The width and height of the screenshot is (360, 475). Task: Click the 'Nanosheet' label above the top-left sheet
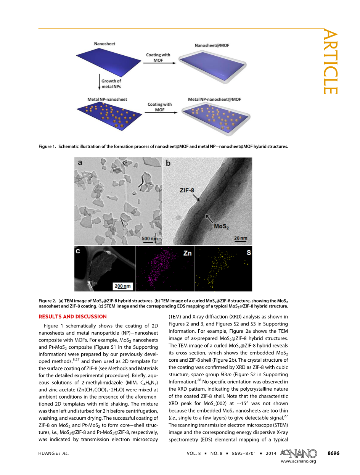(x=104, y=44)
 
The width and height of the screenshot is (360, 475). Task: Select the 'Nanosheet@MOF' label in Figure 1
(x=212, y=45)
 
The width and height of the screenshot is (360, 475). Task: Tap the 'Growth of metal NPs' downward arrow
(x=99, y=83)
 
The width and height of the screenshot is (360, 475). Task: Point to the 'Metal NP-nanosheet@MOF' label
(x=214, y=99)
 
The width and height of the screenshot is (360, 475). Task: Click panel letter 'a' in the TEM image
(x=80, y=163)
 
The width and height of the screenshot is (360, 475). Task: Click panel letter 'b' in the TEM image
(x=168, y=163)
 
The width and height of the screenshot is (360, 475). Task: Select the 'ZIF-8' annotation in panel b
(x=187, y=190)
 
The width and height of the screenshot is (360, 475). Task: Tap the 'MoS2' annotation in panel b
(x=221, y=226)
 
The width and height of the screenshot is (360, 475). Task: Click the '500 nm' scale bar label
(x=149, y=239)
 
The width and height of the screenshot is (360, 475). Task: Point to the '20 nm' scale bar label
(x=240, y=238)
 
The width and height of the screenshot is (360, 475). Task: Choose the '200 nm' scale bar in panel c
(x=123, y=286)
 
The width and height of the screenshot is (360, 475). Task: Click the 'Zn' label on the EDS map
(x=187, y=253)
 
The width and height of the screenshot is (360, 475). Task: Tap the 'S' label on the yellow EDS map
(x=249, y=253)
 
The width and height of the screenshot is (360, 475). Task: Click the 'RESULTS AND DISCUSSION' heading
(x=73, y=316)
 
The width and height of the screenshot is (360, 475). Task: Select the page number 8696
(x=333, y=453)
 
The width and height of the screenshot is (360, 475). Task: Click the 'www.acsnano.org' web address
(x=299, y=461)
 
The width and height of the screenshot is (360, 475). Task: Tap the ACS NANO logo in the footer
(x=299, y=453)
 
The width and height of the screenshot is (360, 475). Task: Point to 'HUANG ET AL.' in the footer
(x=53, y=453)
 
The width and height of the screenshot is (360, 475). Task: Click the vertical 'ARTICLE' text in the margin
(x=330, y=63)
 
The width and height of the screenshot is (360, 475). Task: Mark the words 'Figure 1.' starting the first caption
(x=48, y=146)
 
